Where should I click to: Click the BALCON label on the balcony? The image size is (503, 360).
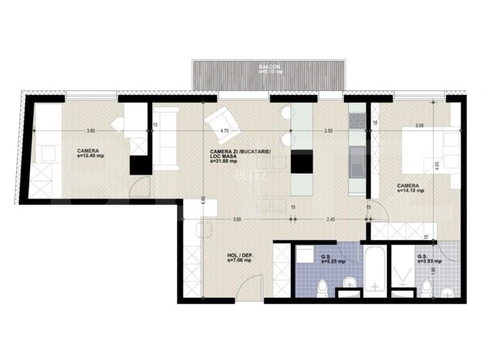click(x=267, y=67)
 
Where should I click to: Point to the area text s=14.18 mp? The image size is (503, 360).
click(x=410, y=189)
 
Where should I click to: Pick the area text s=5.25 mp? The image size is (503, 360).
click(x=333, y=262)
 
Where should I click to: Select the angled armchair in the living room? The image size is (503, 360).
click(x=219, y=121)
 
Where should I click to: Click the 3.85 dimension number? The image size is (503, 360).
click(x=91, y=130)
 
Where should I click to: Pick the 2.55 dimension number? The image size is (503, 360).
click(x=328, y=130)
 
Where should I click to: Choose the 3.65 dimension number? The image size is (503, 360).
click(x=236, y=219)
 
